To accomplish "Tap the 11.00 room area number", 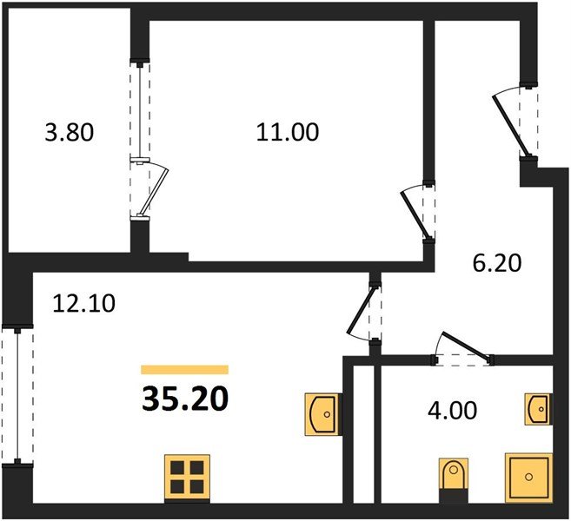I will (288, 133).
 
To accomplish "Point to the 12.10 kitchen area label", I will (84, 304).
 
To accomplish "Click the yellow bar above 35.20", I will (184, 370).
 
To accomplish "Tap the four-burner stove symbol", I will (186, 478).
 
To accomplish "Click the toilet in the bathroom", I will (454, 478).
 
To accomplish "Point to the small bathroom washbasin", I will (538, 406).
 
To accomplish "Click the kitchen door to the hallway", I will (364, 313).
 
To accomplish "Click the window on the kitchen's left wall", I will (16, 396).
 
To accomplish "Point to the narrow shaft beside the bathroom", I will (363, 434).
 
